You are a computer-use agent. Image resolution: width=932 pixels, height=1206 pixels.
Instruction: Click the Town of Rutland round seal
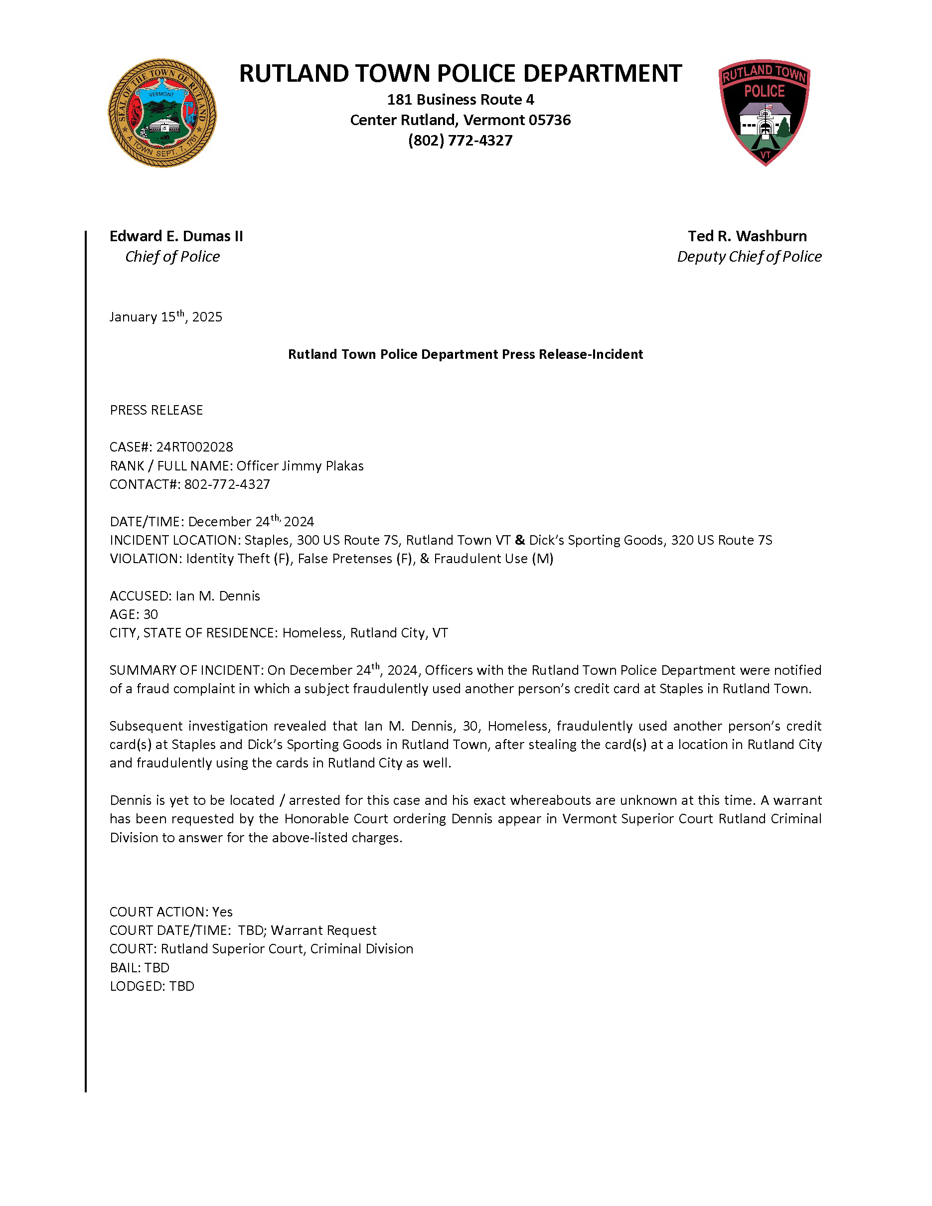[162, 113]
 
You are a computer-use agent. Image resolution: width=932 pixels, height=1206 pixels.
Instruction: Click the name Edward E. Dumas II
[176, 236]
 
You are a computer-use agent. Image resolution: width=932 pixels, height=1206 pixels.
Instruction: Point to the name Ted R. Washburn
[747, 236]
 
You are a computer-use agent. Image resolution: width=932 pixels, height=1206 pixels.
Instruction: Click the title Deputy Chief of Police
[749, 257]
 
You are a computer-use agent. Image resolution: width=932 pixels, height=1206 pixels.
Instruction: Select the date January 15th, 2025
[165, 317]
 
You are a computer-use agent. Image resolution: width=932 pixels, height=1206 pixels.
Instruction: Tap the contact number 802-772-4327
[227, 484]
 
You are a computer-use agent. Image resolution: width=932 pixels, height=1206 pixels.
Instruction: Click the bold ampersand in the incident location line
[519, 540]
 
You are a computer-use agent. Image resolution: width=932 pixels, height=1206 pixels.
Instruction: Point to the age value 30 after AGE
[150, 614]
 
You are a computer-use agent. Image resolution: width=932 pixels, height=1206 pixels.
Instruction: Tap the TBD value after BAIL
[157, 967]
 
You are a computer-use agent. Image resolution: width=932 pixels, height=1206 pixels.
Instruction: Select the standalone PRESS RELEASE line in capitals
[156, 410]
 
